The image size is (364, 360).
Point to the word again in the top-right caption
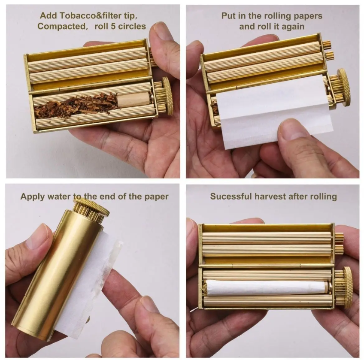pos(292,26)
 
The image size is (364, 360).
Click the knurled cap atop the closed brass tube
pos(91,209)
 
